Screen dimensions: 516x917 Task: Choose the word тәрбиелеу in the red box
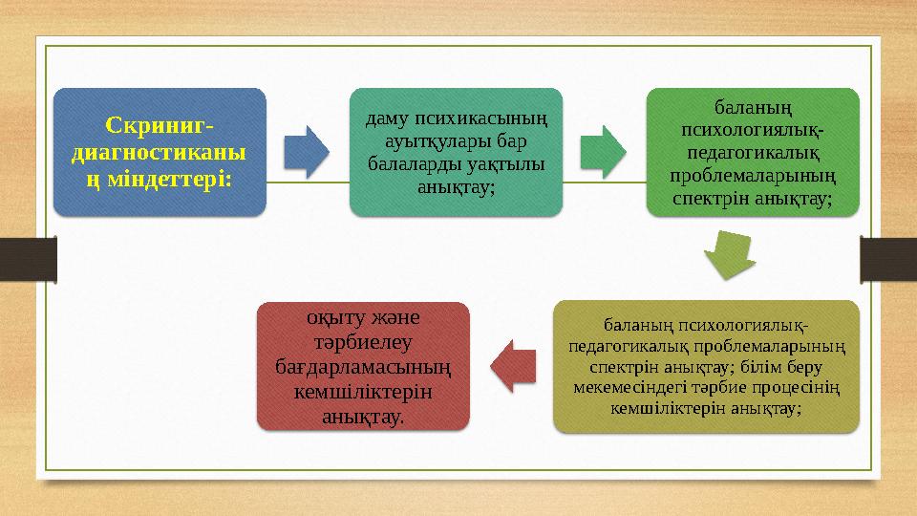tap(364, 341)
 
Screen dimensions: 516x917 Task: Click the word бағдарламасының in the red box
tap(364, 364)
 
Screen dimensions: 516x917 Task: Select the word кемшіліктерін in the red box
tap(364, 393)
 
